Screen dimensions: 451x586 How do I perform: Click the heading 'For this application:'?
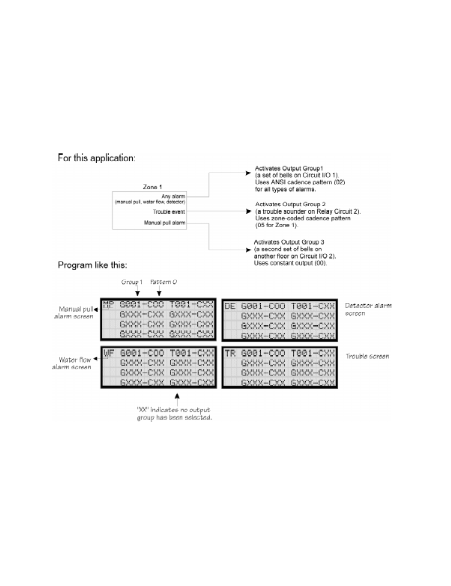(x=96, y=158)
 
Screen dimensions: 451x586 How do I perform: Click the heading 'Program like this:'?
(x=92, y=265)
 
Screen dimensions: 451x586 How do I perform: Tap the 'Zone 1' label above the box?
(x=152, y=187)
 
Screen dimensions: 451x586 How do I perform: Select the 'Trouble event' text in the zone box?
(x=169, y=212)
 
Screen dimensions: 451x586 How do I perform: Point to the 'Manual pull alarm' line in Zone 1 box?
(x=164, y=223)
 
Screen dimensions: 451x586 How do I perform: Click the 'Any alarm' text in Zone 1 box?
(x=173, y=196)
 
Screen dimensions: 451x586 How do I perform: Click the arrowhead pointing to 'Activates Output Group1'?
(x=248, y=173)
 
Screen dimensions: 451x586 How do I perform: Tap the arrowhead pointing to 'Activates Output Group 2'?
(x=248, y=211)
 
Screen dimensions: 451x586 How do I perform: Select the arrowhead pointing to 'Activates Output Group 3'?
(x=248, y=250)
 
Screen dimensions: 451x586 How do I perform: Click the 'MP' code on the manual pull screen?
(x=108, y=305)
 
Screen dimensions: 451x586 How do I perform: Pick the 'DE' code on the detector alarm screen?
(x=230, y=306)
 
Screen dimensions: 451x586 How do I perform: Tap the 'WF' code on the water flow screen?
(x=109, y=353)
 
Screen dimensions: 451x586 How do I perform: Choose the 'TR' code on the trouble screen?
(x=230, y=353)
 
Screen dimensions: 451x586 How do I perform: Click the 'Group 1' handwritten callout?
(x=131, y=282)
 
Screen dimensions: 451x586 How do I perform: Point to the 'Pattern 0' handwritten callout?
(x=163, y=282)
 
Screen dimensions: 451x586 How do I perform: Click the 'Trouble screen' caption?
(x=367, y=356)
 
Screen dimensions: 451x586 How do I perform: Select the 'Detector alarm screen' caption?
(x=368, y=309)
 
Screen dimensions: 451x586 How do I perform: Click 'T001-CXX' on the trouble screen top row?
(x=313, y=353)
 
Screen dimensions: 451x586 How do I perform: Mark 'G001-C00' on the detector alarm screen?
(x=263, y=306)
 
